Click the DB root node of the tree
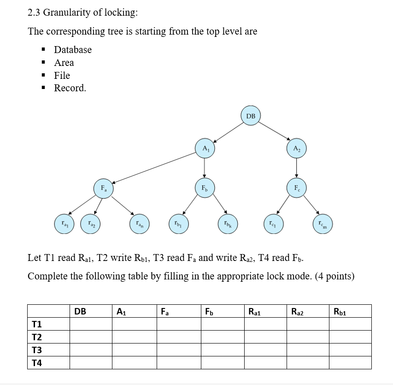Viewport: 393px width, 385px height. [251, 116]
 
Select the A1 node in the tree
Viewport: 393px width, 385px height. [205, 148]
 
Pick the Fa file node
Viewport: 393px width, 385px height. [104, 189]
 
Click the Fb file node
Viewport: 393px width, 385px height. [204, 189]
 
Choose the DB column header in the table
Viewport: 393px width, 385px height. [80, 311]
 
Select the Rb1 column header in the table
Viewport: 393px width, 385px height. [340, 311]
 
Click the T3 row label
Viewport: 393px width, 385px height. [37, 350]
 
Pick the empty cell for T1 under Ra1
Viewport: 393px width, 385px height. [265, 324]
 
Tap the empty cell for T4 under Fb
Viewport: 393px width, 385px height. [222, 363]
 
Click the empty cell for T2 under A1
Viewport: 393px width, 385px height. [134, 337]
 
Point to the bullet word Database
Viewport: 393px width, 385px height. [73, 49]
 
